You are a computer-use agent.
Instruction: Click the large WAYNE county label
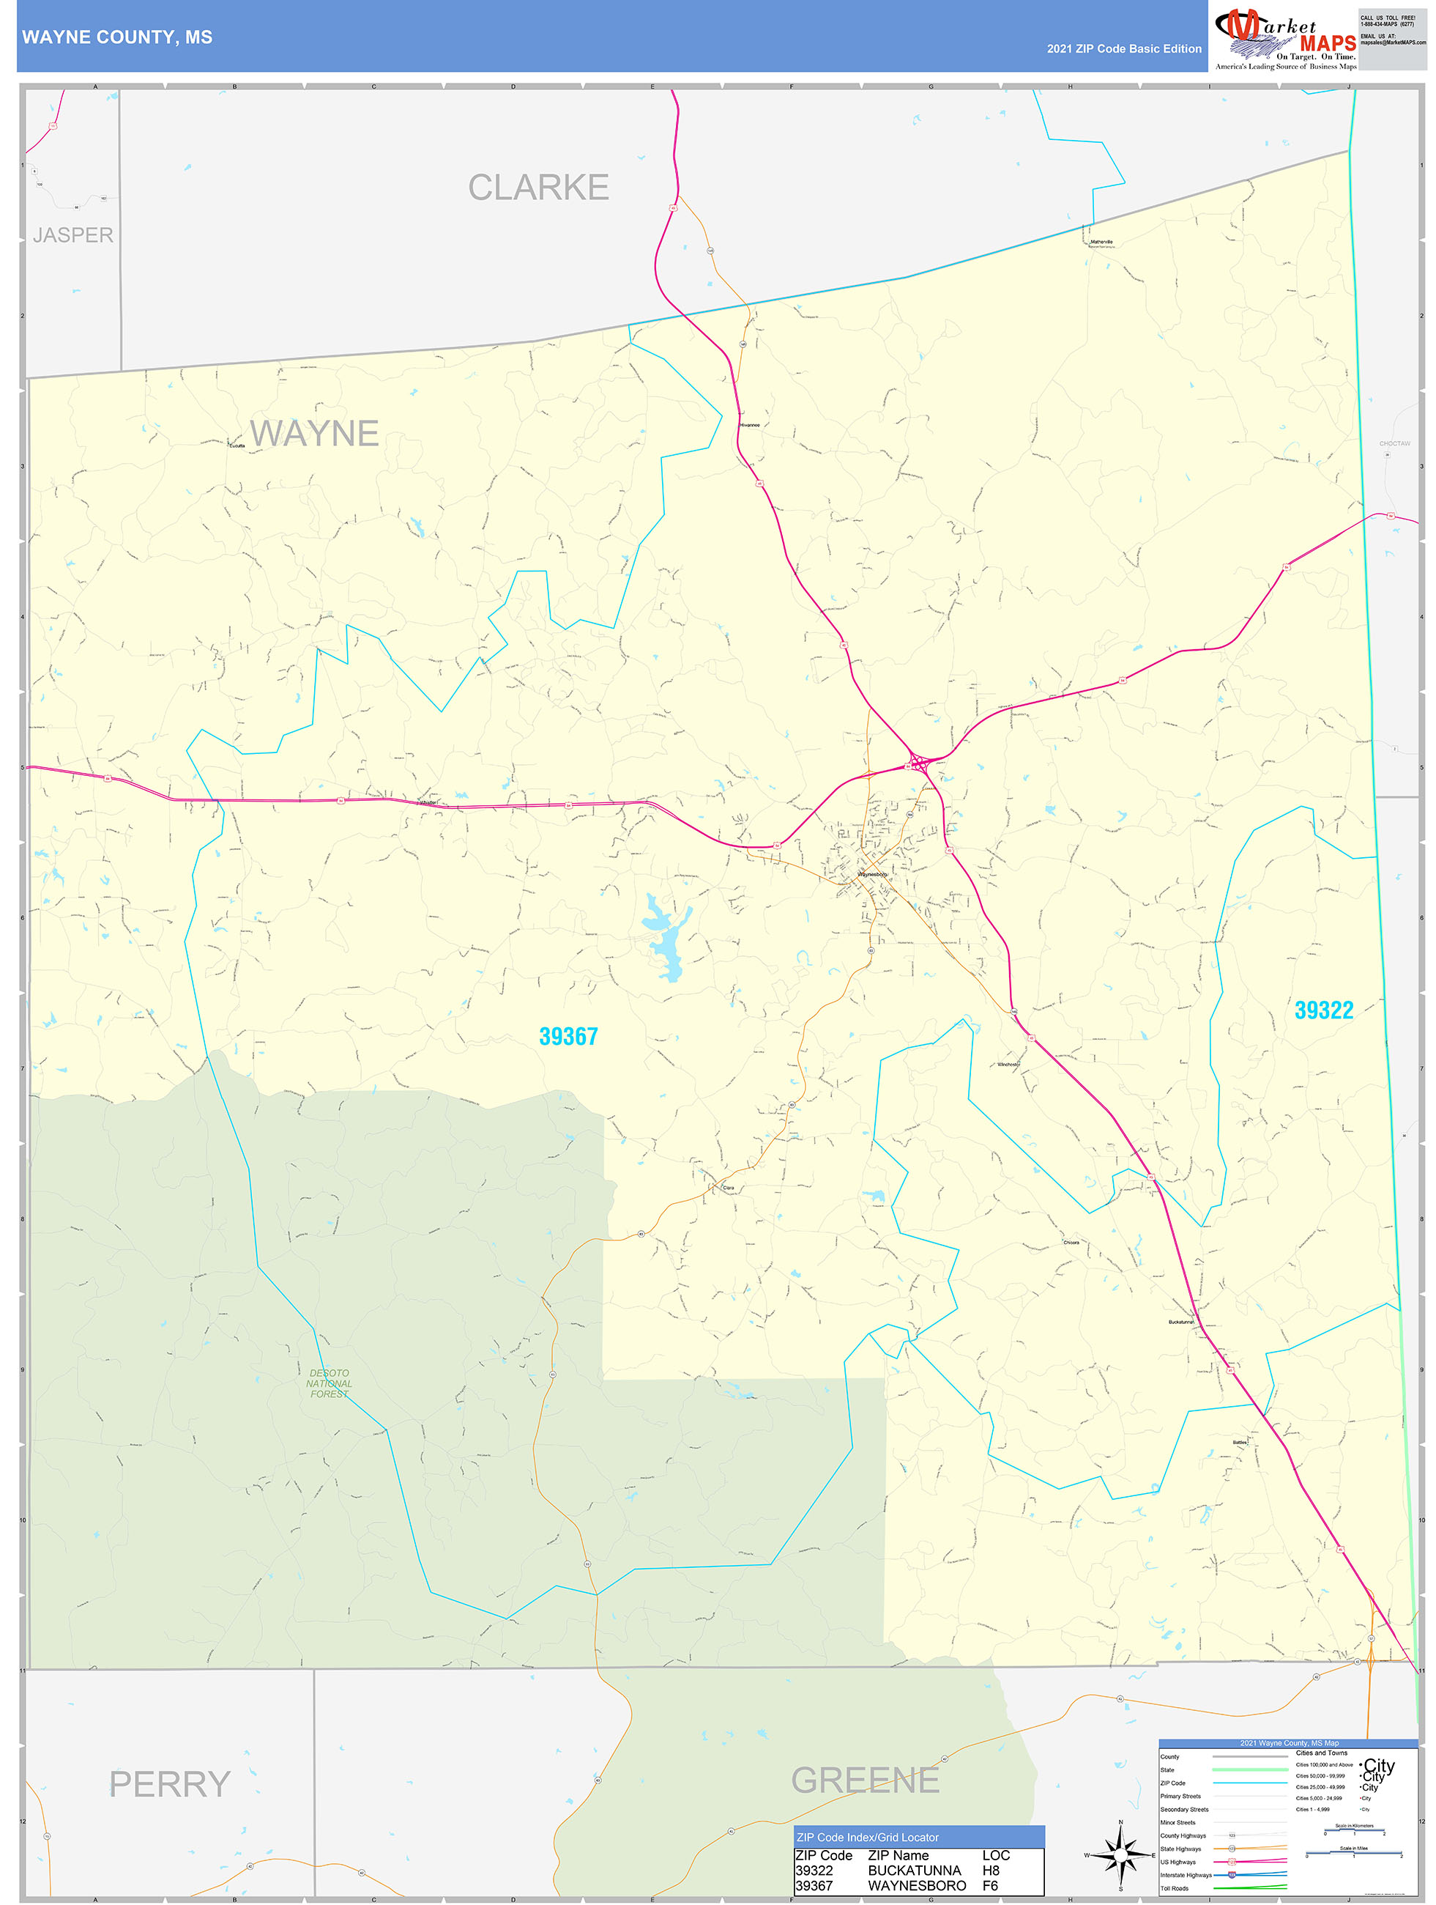click(314, 434)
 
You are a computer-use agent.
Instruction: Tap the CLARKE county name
click(538, 188)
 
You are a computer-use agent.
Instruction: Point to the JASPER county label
click(73, 235)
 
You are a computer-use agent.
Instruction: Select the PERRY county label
click(170, 1783)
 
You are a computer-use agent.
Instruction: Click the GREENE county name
click(866, 1780)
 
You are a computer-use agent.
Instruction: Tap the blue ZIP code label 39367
click(568, 1037)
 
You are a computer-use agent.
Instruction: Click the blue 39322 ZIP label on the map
click(1323, 1010)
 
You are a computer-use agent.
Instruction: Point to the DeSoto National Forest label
click(329, 1383)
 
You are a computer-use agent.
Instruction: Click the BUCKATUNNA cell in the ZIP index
click(915, 1871)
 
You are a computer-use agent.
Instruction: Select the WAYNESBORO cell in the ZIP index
click(917, 1885)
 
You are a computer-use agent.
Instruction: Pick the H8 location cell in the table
click(991, 1871)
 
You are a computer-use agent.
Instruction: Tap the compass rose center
click(1120, 1855)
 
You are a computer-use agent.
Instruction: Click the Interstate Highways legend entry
click(1186, 1875)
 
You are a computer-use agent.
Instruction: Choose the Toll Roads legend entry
click(1175, 1887)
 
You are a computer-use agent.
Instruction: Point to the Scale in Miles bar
click(1353, 1853)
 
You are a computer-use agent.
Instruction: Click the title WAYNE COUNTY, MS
click(117, 37)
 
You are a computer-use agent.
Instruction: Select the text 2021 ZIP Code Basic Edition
click(1123, 49)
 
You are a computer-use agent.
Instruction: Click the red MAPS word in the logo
click(1327, 43)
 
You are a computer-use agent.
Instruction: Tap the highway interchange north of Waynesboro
click(918, 763)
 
